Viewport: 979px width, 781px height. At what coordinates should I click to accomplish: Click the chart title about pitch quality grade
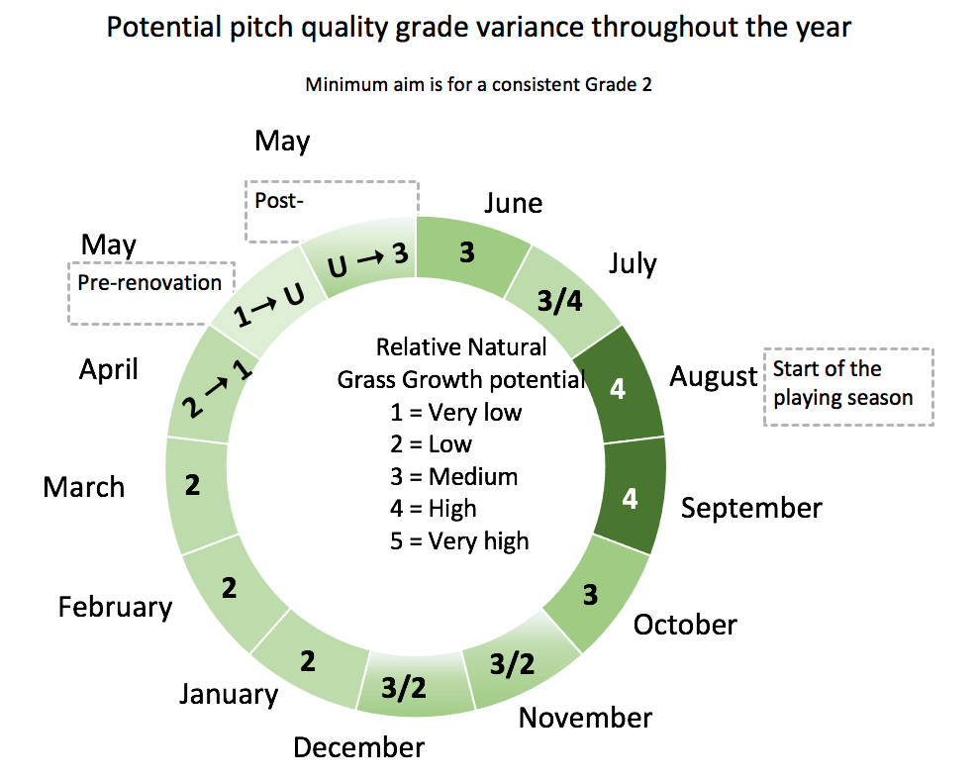click(x=478, y=27)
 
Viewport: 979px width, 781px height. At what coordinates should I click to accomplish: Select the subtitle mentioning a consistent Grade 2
click(x=478, y=84)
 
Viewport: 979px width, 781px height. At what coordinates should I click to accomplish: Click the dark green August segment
click(x=619, y=388)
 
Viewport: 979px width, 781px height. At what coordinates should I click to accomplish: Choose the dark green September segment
click(x=630, y=498)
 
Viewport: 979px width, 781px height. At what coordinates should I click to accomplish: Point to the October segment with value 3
click(x=591, y=594)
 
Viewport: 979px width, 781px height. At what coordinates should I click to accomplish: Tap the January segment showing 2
click(x=308, y=659)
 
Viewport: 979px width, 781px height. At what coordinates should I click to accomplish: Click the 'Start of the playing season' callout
click(x=848, y=386)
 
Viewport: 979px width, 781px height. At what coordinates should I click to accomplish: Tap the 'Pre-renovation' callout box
click(x=149, y=293)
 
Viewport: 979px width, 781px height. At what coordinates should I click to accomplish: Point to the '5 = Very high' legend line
click(x=459, y=541)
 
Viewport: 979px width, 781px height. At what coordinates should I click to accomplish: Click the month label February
click(x=115, y=606)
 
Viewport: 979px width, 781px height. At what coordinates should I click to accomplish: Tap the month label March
click(x=84, y=487)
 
